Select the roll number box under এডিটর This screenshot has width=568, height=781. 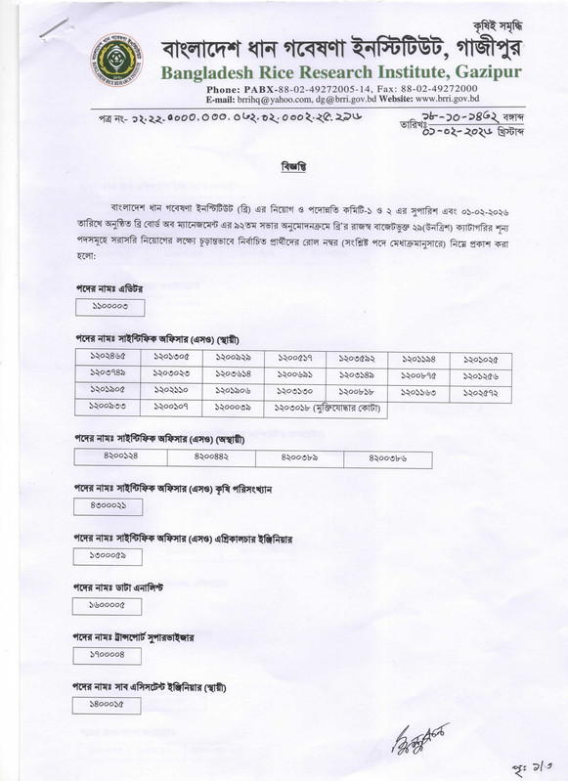point(110,307)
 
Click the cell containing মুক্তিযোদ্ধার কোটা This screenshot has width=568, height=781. point(312,406)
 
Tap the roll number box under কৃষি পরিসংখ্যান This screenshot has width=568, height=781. point(110,506)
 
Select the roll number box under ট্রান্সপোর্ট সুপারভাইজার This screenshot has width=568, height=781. point(110,656)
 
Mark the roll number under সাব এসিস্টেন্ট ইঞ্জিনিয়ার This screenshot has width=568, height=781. point(110,705)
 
